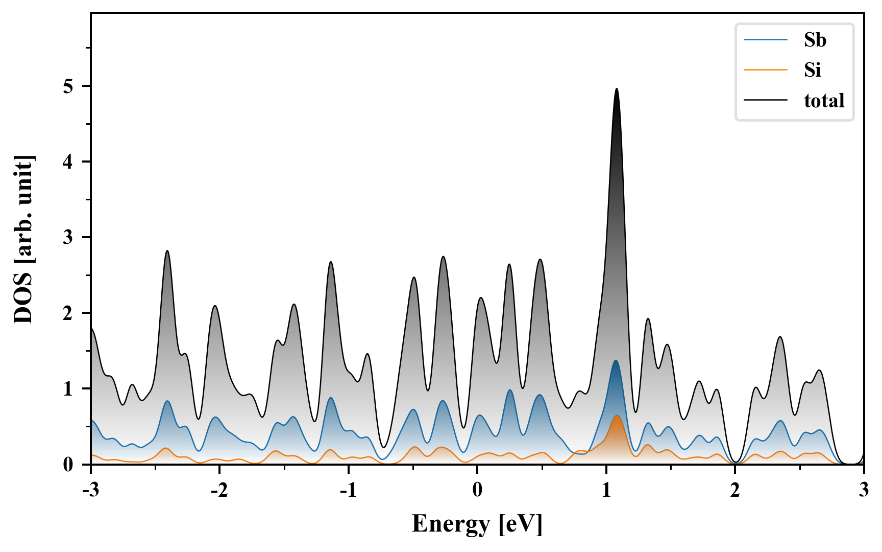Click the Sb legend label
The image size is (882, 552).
click(x=815, y=40)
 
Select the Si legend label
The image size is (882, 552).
click(x=812, y=70)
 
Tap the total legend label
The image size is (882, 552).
click(x=824, y=100)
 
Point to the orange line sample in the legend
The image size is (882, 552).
click(x=766, y=70)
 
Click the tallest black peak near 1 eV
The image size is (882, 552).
click(x=617, y=89)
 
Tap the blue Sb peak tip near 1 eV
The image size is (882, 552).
click(x=616, y=361)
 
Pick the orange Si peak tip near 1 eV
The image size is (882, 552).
click(x=617, y=416)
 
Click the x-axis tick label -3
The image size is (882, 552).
click(x=90, y=490)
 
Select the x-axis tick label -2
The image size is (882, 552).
click(x=219, y=490)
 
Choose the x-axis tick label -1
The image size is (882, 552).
click(x=348, y=490)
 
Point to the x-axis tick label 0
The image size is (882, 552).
click(x=477, y=490)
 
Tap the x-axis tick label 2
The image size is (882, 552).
click(x=735, y=490)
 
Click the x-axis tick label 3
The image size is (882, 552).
click(x=864, y=490)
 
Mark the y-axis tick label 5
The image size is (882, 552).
click(x=68, y=86)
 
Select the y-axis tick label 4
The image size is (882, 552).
click(x=68, y=162)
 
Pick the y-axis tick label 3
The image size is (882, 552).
click(x=68, y=238)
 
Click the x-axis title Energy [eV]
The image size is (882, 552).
click(x=477, y=524)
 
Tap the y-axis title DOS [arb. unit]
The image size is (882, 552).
click(x=23, y=239)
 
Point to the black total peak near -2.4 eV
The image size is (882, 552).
click(x=167, y=251)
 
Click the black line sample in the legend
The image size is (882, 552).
click(x=766, y=100)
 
